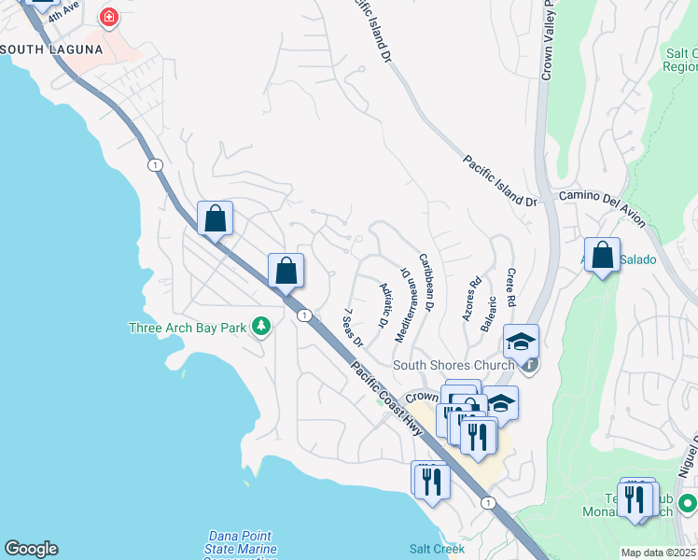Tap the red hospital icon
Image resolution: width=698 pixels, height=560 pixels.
(x=109, y=17)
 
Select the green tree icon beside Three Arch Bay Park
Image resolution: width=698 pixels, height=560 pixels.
(x=262, y=327)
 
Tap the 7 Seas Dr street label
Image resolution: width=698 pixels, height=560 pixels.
(x=353, y=328)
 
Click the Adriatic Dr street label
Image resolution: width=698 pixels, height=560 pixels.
(x=383, y=304)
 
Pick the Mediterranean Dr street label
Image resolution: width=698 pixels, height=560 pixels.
(x=406, y=303)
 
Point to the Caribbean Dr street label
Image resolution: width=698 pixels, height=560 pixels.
(x=426, y=282)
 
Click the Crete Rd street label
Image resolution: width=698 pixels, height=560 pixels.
(x=510, y=288)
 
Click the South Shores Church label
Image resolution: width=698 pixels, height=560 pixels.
(x=454, y=365)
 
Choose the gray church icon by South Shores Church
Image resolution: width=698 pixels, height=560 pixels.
(x=529, y=365)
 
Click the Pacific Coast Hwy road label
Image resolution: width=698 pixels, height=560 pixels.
(x=387, y=397)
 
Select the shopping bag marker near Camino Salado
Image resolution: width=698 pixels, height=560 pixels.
(x=603, y=255)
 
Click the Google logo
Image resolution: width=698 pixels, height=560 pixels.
(x=30, y=549)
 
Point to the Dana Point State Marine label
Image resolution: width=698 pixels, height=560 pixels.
(x=239, y=542)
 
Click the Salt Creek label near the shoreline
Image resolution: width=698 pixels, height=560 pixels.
(x=436, y=549)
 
